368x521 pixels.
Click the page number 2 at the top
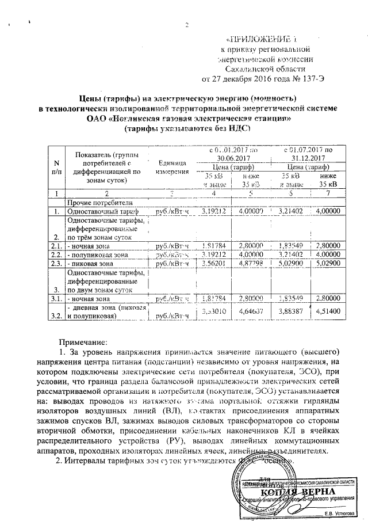(186, 25)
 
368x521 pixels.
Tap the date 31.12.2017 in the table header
(304, 158)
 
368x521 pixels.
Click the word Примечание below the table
(89, 343)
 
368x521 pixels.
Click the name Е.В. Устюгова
(340, 514)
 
